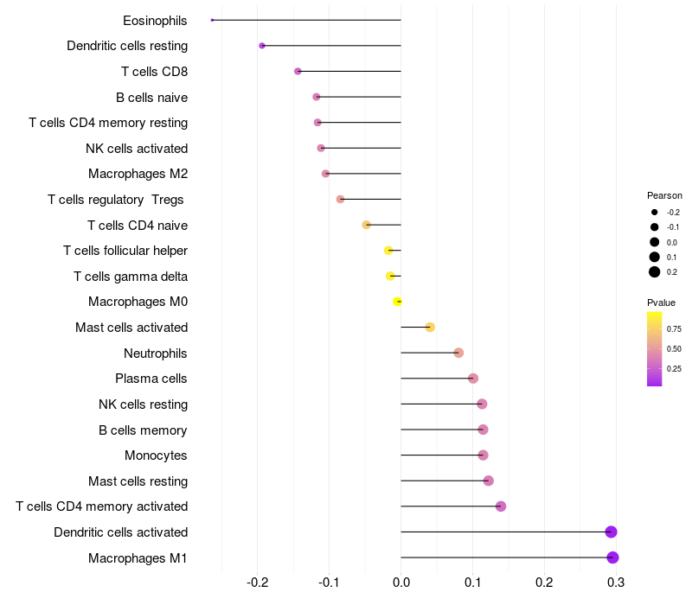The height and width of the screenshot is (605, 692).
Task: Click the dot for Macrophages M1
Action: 612,557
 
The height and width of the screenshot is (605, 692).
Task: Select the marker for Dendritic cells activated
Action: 611,532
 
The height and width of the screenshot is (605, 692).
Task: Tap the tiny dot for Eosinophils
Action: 212,20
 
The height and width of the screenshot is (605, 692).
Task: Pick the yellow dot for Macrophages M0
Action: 397,302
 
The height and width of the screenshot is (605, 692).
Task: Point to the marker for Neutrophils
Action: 458,353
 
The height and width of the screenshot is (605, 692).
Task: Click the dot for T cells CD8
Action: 298,71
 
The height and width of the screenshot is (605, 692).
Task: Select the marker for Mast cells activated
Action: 430,327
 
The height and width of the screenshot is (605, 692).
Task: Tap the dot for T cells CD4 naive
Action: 366,225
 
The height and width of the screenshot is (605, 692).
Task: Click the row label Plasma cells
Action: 151,379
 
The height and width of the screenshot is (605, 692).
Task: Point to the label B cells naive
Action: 151,97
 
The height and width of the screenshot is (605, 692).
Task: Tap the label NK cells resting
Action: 143,404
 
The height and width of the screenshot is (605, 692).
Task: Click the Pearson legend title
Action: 664,195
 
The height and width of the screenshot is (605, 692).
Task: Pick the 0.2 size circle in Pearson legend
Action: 655,271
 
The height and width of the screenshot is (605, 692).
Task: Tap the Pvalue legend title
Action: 662,302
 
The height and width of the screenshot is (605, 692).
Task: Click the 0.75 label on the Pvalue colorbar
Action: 674,329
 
